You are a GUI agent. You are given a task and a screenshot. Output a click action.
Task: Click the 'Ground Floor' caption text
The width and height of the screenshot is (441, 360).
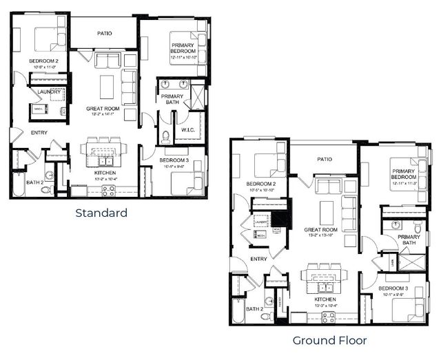329,340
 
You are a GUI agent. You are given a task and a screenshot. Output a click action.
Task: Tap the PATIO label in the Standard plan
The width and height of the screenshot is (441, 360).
104,32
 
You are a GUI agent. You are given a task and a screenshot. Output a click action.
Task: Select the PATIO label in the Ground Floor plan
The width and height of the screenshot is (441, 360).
324,159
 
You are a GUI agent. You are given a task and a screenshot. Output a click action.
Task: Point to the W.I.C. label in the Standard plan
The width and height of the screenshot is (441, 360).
188,130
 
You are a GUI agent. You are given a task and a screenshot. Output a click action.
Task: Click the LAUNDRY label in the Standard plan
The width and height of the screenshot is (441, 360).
48,92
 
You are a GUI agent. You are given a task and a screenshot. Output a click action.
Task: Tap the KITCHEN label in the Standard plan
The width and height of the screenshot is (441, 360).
105,173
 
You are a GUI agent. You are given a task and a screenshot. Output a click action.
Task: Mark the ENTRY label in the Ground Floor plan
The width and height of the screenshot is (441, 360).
258,259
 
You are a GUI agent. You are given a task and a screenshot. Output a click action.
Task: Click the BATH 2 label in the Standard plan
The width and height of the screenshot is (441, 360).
34,182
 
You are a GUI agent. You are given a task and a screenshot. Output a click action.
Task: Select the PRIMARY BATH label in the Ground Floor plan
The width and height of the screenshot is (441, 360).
408,239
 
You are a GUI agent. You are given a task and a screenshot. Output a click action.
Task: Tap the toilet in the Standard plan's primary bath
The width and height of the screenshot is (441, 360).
165,136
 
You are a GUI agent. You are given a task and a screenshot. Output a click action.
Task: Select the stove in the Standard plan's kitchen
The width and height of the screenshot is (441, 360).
109,190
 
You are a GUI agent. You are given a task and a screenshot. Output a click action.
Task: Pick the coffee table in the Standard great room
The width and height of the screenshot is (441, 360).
107,86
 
